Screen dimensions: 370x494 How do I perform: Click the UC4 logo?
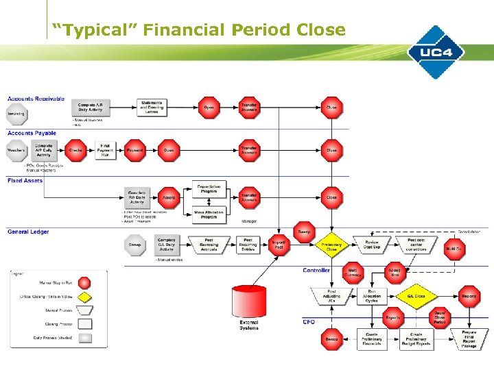tap(436, 51)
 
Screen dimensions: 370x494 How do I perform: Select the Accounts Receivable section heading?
tap(36, 99)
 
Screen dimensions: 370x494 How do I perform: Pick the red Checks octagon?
tap(76, 150)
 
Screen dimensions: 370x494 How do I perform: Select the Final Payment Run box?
tap(106, 150)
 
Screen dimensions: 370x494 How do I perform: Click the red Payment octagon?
tap(135, 150)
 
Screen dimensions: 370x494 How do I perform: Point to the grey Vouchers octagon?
tap(16, 150)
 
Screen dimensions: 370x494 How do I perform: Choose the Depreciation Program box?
tap(208, 188)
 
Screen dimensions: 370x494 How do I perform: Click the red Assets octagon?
tap(169, 197)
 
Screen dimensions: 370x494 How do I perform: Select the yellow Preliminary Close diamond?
tap(331, 246)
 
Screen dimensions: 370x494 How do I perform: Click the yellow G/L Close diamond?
tap(416, 296)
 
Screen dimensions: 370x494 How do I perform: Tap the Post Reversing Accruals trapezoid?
tap(209, 245)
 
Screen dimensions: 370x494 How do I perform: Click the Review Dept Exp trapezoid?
tap(371, 245)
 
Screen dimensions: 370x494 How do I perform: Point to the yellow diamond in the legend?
tap(84, 296)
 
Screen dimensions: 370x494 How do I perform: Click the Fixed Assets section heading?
tap(25, 181)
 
